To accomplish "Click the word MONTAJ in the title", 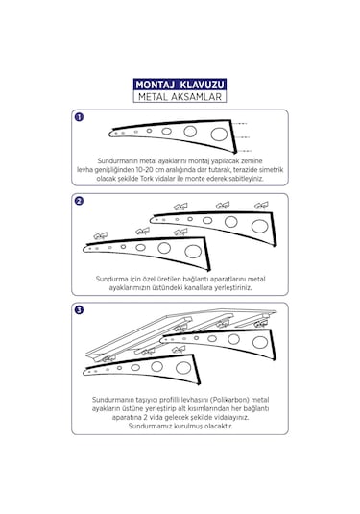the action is [155, 85].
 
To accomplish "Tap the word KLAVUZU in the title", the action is [203, 85].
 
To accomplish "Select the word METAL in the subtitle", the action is [153, 97].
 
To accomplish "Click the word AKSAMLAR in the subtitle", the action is [196, 97].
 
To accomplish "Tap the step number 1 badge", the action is [79, 117].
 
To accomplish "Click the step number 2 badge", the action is [79, 201].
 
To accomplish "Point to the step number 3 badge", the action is [79, 309].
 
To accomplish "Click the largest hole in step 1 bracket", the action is [219, 135].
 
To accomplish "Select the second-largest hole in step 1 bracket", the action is [190, 132].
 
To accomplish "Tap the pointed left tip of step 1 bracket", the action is [110, 134].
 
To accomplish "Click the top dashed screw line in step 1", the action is [239, 124].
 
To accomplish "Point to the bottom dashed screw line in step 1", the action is [243, 151].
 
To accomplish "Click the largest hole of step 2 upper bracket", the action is [260, 226].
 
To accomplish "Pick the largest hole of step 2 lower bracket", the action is [193, 252].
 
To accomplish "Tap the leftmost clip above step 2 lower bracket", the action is [101, 235].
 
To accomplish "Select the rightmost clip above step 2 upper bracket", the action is [261, 206].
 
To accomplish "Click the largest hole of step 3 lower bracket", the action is [183, 368].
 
